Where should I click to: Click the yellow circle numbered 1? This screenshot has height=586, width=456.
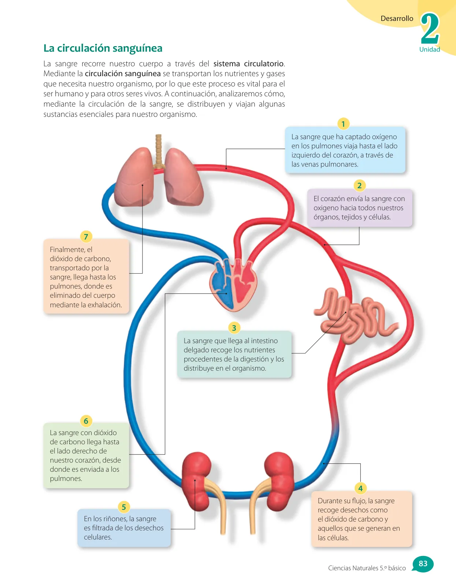pos(343,124)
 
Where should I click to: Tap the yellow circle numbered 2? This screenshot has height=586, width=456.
pos(359,186)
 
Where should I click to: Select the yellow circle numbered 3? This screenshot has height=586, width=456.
pos(234,328)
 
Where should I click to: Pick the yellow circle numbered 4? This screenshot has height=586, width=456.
pos(360,488)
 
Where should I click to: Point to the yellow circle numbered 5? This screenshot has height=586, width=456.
pos(124,507)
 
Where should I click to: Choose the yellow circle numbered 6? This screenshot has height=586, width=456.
pos(86,421)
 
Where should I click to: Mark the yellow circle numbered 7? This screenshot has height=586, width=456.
pos(86,237)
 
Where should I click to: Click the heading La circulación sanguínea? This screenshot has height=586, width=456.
pos(103,48)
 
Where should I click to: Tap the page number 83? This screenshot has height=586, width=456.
pos(423,563)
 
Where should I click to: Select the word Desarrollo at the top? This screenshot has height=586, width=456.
pos(397,18)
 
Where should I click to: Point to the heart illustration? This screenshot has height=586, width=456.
pos(234,285)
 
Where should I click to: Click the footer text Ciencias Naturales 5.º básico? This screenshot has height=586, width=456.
pos(367,568)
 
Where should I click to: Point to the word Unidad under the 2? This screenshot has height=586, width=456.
pos(430,49)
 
